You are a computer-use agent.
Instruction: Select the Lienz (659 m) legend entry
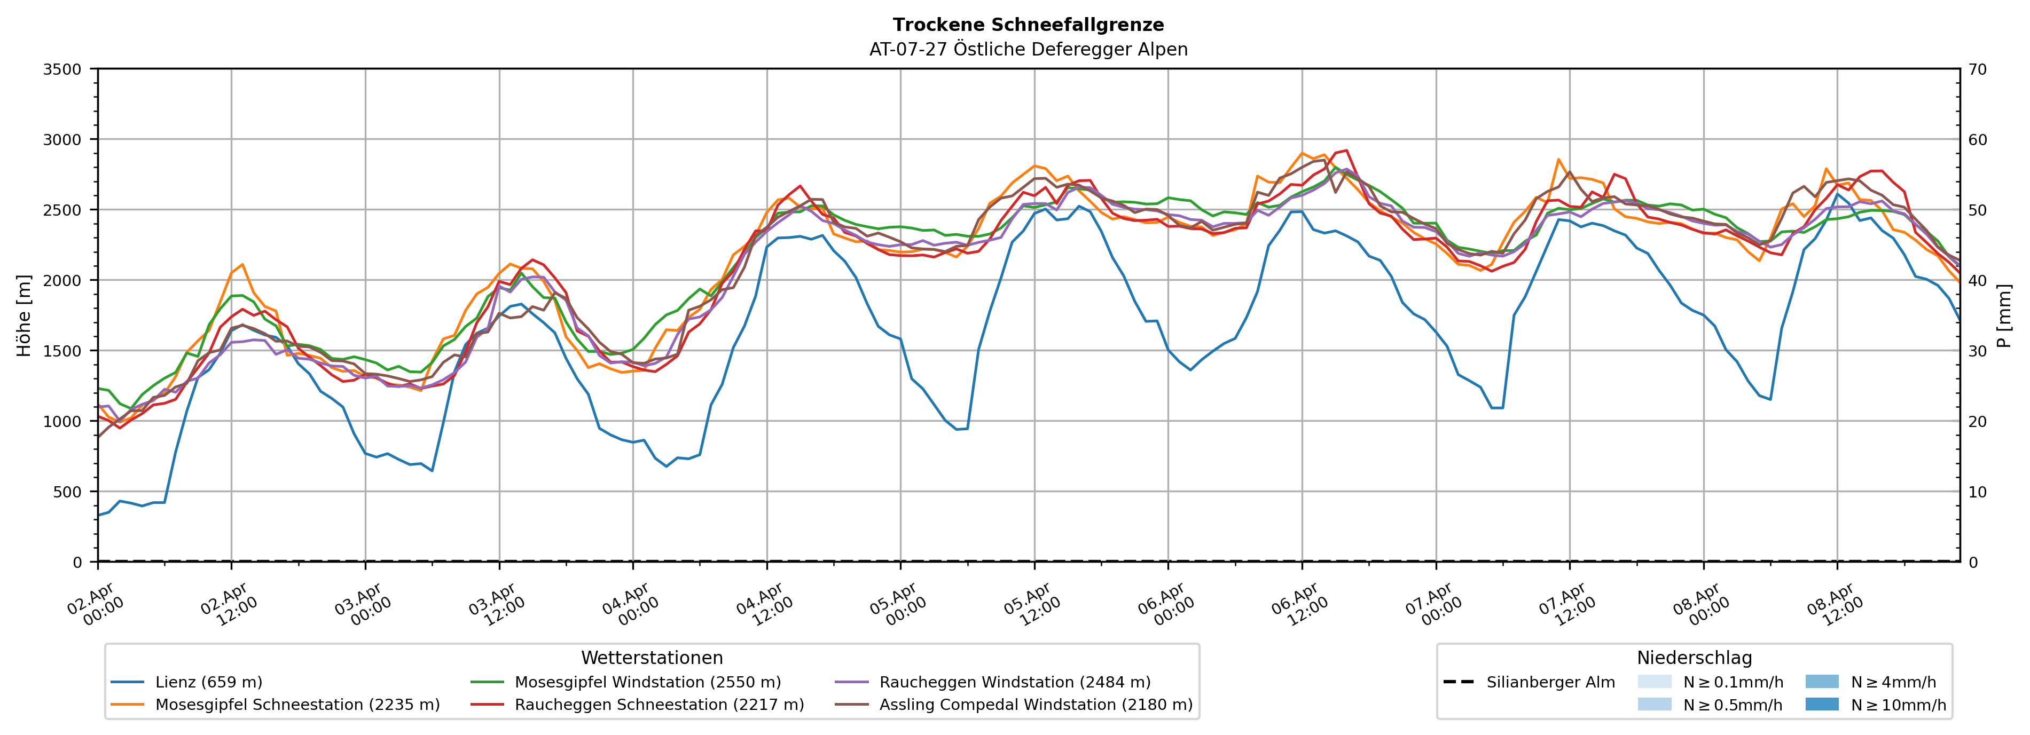208,682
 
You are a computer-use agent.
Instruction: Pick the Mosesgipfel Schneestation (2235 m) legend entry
297,704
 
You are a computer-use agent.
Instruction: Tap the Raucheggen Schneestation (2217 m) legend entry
659,704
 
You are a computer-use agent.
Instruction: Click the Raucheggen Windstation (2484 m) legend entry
1014,682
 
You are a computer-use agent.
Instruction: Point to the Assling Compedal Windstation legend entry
1036,704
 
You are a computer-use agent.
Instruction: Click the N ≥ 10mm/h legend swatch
1821,704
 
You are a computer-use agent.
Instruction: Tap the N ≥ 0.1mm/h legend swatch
1654,682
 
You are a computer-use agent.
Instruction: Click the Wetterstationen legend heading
652,658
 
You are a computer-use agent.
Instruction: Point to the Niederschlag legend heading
1694,658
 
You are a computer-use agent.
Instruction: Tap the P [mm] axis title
2004,315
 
